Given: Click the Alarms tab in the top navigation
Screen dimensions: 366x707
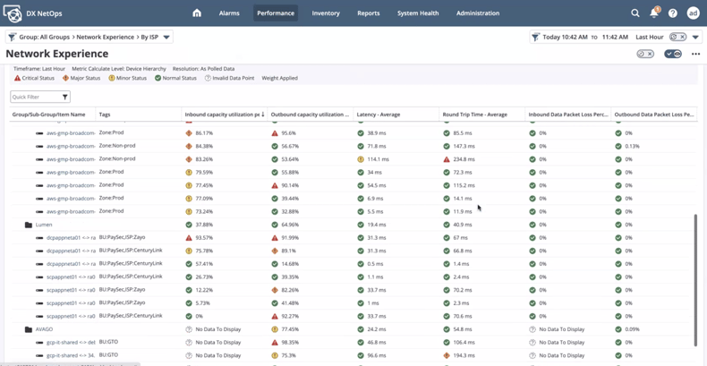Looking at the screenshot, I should [229, 13].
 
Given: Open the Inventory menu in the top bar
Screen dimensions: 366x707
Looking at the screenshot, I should [326, 13].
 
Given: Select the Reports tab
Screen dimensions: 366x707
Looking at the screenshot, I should [369, 13].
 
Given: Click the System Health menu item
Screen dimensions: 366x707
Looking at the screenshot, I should [418, 13].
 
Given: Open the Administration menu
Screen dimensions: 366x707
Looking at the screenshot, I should [478, 13].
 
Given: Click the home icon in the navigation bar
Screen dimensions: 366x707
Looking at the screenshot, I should [197, 13].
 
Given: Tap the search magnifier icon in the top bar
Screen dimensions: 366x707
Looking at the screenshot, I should [635, 13].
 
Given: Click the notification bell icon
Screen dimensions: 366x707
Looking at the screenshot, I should [654, 13].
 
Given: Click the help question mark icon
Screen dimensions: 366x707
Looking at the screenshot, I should [673, 13].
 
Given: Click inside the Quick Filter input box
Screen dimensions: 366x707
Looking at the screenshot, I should [36, 97].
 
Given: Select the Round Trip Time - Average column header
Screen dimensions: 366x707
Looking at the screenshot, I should [475, 115].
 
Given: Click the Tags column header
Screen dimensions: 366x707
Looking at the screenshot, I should [105, 115].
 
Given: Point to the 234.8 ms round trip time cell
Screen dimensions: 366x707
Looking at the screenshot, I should [463, 159].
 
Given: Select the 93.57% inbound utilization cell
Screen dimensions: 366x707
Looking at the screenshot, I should [204, 238].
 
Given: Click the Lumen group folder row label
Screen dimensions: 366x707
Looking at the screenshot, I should [44, 225].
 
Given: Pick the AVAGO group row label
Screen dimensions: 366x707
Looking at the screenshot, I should [44, 329].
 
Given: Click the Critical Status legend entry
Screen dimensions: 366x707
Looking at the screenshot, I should [35, 78].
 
